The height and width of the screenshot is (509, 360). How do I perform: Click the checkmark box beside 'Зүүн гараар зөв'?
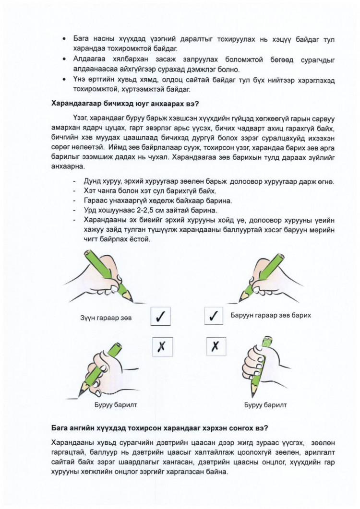162,317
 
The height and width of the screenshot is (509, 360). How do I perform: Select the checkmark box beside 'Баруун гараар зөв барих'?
215,317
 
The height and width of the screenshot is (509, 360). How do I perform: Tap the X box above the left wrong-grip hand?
162,346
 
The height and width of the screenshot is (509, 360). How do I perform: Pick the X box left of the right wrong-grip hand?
215,346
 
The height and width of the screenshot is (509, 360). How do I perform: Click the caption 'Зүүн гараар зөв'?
106,318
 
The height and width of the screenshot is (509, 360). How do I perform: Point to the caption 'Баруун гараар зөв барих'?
271,315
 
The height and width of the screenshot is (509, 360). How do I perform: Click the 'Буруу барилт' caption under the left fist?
115,405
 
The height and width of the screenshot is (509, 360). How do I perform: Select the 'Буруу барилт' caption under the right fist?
265,405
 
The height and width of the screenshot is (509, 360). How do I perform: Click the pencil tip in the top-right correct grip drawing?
240,300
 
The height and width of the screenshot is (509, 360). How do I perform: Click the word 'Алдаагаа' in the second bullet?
89,59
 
